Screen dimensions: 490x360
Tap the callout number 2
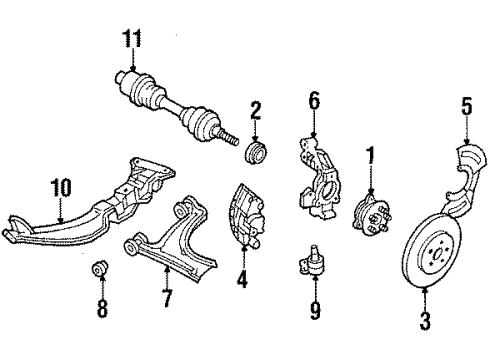coord(256,109)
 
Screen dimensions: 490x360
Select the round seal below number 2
coord(256,155)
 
